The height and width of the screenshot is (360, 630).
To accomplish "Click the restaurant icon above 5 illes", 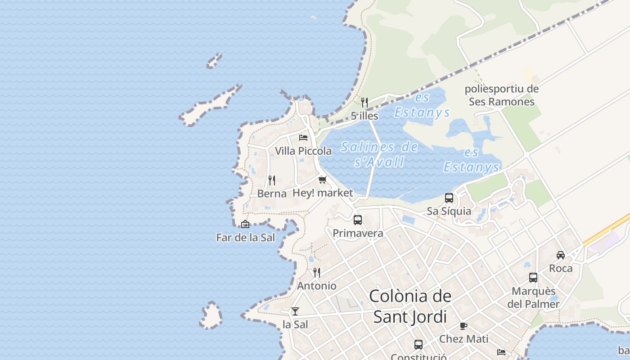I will coord(364,103).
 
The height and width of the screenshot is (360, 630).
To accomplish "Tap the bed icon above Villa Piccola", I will coord(303,137).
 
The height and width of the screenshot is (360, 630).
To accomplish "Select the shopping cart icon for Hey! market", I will coord(322,180).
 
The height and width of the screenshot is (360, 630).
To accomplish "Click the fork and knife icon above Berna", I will coord(272,180).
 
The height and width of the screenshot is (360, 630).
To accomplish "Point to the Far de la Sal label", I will coord(245,238).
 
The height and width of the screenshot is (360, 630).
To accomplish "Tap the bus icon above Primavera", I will coord(358,220).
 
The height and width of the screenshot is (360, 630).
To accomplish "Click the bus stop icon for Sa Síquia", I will coord(449,198).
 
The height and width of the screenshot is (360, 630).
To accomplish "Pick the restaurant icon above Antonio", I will coord(317,273).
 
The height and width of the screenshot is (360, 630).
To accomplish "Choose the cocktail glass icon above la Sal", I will coord(295,311).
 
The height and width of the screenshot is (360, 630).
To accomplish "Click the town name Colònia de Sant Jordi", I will coord(410,306).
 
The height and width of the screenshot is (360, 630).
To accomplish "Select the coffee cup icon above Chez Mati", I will coord(463,326).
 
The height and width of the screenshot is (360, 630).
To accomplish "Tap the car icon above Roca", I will coord(561,255).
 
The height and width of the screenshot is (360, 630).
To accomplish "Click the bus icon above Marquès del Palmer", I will coord(533,278).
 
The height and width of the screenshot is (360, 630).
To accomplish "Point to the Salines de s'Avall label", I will coord(379,154).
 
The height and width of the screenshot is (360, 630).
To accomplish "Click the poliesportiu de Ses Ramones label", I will coord(502,95).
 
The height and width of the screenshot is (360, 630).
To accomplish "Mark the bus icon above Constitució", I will coord(418,345).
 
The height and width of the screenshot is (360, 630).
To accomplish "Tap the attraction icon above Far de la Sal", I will coord(245,224).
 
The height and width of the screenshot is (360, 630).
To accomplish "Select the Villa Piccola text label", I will coord(303,151).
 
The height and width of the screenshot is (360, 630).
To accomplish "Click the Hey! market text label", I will coord(323,193).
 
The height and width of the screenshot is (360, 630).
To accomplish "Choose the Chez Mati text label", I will coord(463,339).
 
